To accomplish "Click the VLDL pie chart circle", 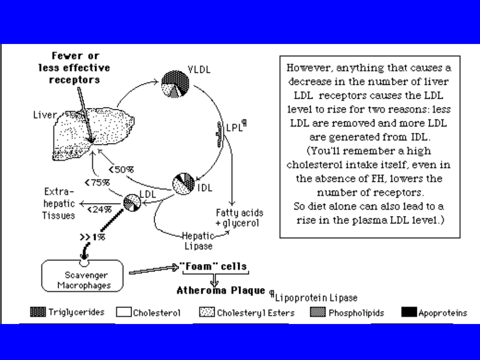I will pos(176,84).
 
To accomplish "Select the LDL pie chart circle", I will pos(132,203).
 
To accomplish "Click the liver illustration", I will pos(93,131).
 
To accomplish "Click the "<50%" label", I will pos(121,169).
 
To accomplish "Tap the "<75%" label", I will pos(97,183).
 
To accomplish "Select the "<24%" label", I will pos(99,210).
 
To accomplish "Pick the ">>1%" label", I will pos(92,237).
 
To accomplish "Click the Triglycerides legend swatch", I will pos(38,312).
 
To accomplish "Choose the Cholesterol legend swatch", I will pos(124,312).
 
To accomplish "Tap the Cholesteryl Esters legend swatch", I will pos(207,312).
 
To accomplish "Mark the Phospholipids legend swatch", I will pos(317,312).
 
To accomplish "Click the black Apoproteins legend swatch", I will pos(409,312).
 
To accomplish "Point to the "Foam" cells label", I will pos(213,267).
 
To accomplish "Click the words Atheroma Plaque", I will pos(221,291).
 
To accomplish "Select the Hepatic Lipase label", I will pos(198,240).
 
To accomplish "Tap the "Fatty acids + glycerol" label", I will pos(239,218).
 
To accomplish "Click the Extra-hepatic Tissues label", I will pos(59,204).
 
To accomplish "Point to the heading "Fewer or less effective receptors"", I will pos(74,68).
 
